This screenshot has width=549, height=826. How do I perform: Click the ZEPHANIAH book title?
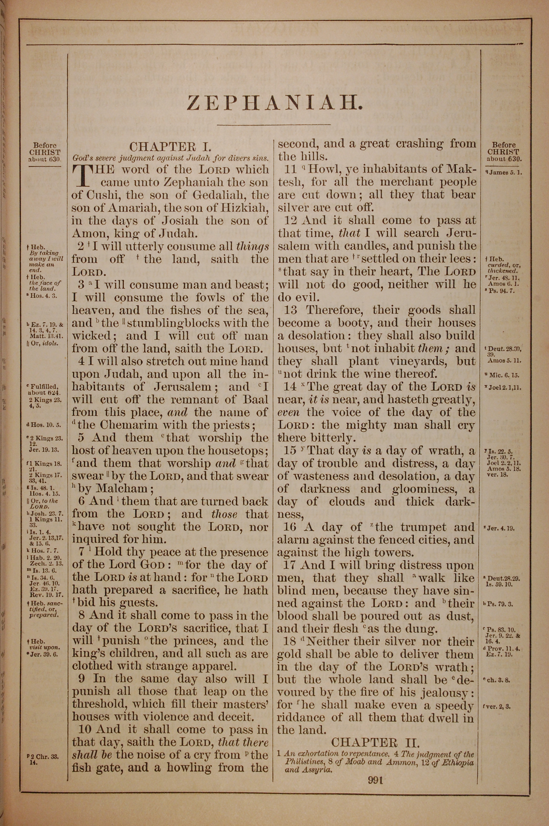click(x=274, y=103)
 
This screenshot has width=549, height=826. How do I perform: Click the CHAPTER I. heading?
click(x=170, y=146)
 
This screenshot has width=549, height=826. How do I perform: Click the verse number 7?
click(x=82, y=552)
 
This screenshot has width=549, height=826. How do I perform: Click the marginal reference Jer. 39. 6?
click(x=45, y=654)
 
